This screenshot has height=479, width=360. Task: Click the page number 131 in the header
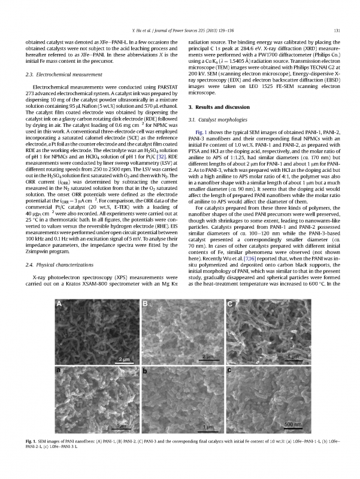[337, 31]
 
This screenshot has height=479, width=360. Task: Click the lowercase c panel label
[230, 371]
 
